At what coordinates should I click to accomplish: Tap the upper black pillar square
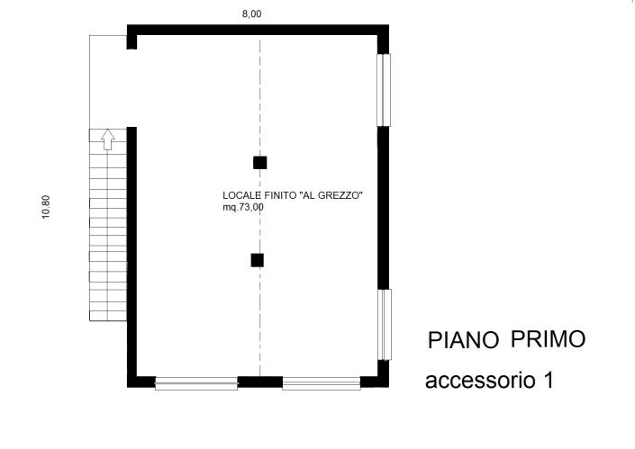[x=260, y=163]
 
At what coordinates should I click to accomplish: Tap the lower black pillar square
[x=258, y=261]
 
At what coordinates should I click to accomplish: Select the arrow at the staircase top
[x=107, y=139]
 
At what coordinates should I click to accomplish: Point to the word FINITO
[x=277, y=194]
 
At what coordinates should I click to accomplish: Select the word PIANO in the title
[x=464, y=340]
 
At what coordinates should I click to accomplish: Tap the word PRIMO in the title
[x=548, y=339]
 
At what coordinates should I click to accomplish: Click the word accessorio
[x=478, y=381]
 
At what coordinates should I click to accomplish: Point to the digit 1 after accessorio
[x=547, y=380]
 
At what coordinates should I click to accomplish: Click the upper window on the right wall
[x=384, y=90]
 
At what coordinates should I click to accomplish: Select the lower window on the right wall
[x=384, y=325]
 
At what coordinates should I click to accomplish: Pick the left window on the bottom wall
[x=195, y=383]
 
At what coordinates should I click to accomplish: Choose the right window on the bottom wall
[x=322, y=383]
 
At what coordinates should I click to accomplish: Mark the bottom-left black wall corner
[x=133, y=381]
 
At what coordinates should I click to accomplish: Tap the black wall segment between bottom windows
[x=259, y=382]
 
